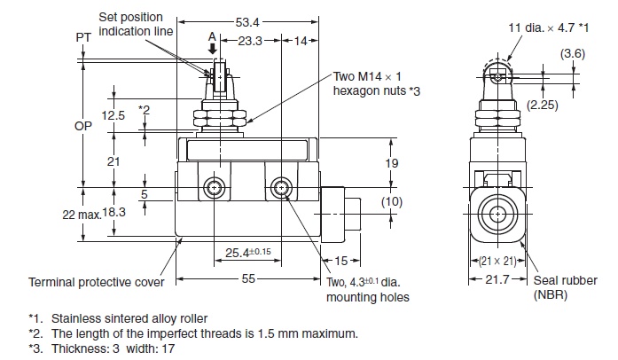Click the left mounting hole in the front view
click(x=213, y=188)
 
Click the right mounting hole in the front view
click(x=282, y=188)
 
